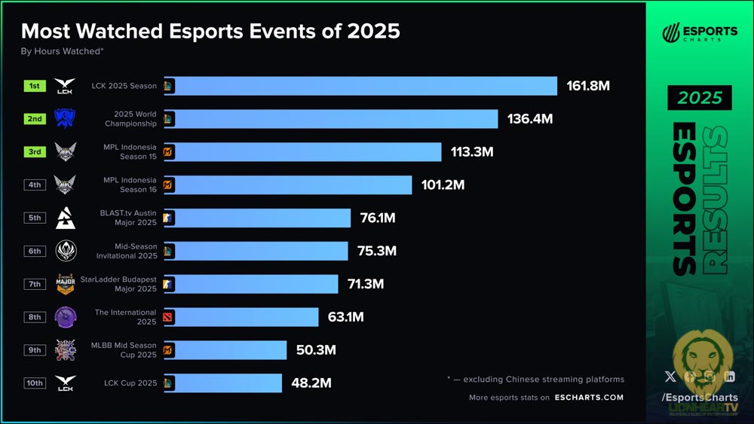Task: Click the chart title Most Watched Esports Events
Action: click(210, 31)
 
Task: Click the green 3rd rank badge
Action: click(35, 151)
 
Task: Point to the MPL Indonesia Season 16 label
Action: click(130, 185)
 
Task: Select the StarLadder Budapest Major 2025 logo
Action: click(66, 284)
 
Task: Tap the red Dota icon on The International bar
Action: click(168, 317)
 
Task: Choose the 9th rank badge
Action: click(35, 349)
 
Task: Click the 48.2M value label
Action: click(311, 383)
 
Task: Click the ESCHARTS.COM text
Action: click(589, 398)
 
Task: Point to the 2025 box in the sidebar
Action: click(699, 98)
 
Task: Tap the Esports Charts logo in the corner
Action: click(699, 33)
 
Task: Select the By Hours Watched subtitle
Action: click(62, 51)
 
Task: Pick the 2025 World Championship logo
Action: click(66, 119)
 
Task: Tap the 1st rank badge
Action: click(35, 86)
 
